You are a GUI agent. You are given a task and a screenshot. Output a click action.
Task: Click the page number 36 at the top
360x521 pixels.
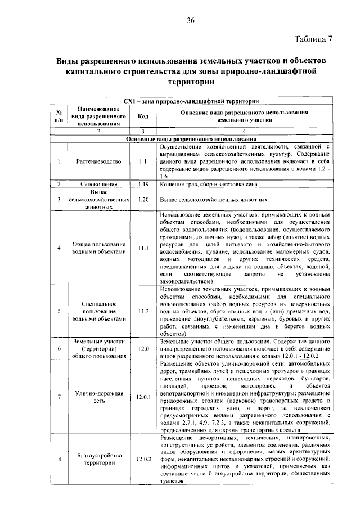click(191, 21)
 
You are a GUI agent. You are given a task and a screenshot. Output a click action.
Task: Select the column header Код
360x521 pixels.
click(143, 116)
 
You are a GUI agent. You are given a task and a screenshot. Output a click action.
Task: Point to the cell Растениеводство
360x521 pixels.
click(98, 161)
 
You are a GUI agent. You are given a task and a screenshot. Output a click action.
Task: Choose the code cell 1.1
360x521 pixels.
click(143, 161)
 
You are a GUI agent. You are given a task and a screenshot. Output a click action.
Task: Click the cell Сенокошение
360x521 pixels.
click(98, 184)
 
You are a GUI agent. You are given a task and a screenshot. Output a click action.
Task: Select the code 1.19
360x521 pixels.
click(143, 184)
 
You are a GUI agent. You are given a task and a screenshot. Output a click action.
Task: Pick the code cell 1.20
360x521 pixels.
click(143, 199)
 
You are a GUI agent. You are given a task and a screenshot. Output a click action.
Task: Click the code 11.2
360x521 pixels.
click(143, 311)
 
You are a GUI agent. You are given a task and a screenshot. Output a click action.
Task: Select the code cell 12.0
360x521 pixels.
click(143, 348)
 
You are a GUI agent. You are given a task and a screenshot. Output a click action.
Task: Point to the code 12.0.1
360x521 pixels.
click(143, 397)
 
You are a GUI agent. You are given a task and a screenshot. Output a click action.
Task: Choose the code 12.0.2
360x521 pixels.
click(143, 459)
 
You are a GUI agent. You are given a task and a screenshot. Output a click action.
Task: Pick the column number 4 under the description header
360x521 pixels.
click(244, 131)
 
